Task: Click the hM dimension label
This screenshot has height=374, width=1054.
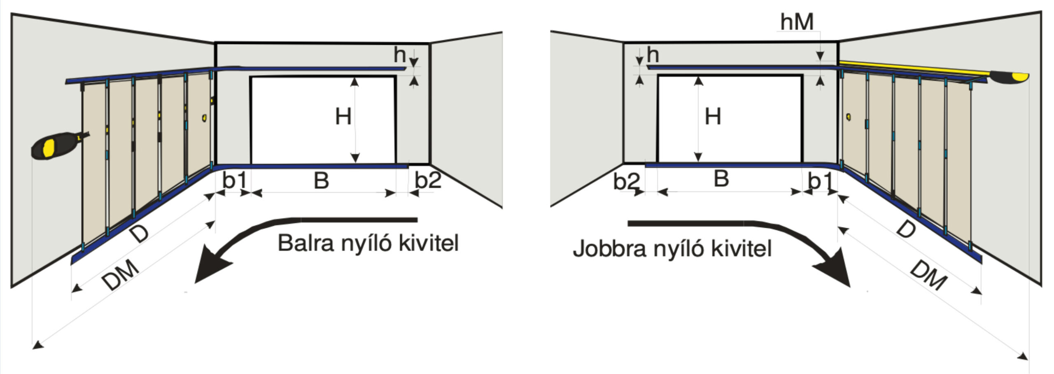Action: coord(797,22)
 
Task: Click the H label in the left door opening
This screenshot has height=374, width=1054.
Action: coord(343,117)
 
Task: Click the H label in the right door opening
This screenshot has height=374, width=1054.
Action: coord(713,117)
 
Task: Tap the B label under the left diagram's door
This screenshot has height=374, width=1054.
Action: coord(321,180)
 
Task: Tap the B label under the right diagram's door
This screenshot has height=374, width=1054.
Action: coord(721,179)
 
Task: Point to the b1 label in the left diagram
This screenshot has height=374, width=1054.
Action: coord(235,180)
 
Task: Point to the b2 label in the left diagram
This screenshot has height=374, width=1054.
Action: coord(428,180)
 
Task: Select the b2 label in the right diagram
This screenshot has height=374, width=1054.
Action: coord(626,182)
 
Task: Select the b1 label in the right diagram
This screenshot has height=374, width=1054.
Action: coord(820,181)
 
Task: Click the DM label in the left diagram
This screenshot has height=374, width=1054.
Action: coord(120,275)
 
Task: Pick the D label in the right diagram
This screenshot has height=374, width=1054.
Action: coord(906,230)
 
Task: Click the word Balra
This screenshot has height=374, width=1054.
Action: coord(305,243)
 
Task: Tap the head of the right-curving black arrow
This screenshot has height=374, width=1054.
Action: coord(834,272)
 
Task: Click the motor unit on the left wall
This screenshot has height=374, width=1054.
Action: coord(54,145)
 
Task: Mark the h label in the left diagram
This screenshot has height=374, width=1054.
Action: coord(399,54)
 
